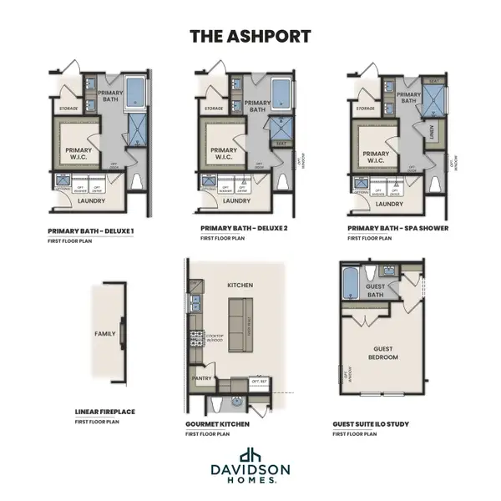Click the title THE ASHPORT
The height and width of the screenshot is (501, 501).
pos(250,36)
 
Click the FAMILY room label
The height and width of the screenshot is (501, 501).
pos(105,333)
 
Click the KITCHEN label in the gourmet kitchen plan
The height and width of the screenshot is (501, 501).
pos(240,285)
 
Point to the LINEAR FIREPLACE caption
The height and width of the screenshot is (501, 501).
pos(104,412)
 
